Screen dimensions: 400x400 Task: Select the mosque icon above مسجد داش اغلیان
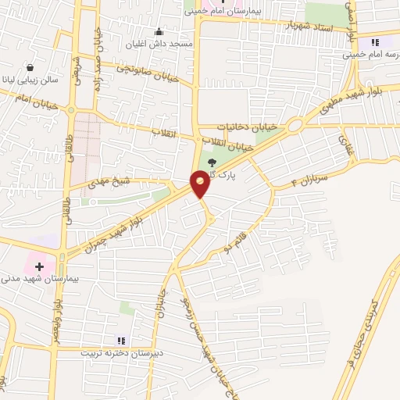(159, 31)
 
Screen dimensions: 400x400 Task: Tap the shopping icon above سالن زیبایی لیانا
(30, 68)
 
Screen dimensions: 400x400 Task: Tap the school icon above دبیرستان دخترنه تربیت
(120, 340)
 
